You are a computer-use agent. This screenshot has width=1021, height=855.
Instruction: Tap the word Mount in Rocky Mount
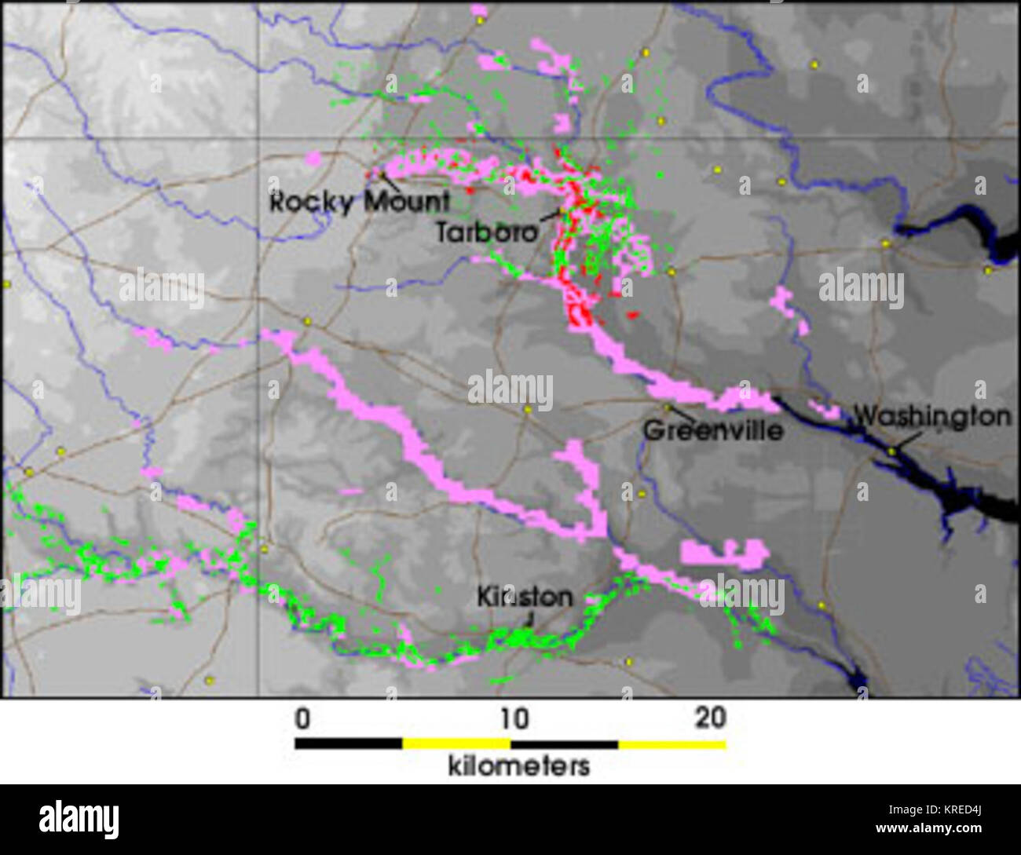point(406,202)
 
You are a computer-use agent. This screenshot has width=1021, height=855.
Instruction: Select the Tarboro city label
point(487,232)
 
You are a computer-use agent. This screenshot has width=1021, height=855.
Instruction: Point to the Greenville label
point(713,430)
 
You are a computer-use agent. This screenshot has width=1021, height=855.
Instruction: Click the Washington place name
point(932,416)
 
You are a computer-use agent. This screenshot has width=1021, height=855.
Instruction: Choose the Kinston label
point(525,597)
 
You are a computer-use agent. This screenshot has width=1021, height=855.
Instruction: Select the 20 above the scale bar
point(710,718)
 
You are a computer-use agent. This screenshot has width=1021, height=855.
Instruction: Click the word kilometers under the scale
point(518,765)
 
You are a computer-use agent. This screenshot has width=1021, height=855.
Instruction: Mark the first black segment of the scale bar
point(348,743)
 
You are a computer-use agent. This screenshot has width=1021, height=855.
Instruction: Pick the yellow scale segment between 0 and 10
point(456,743)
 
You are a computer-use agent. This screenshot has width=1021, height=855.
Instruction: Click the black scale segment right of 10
point(564,743)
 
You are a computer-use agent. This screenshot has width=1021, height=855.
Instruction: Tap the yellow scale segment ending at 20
point(672,743)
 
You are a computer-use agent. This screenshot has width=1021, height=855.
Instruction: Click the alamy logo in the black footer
point(79,819)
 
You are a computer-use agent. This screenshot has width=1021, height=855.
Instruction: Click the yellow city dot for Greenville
point(667,407)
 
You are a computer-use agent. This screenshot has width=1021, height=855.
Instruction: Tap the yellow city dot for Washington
point(891,451)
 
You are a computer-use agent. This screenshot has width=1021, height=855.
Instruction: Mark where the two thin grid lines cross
point(259,139)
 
